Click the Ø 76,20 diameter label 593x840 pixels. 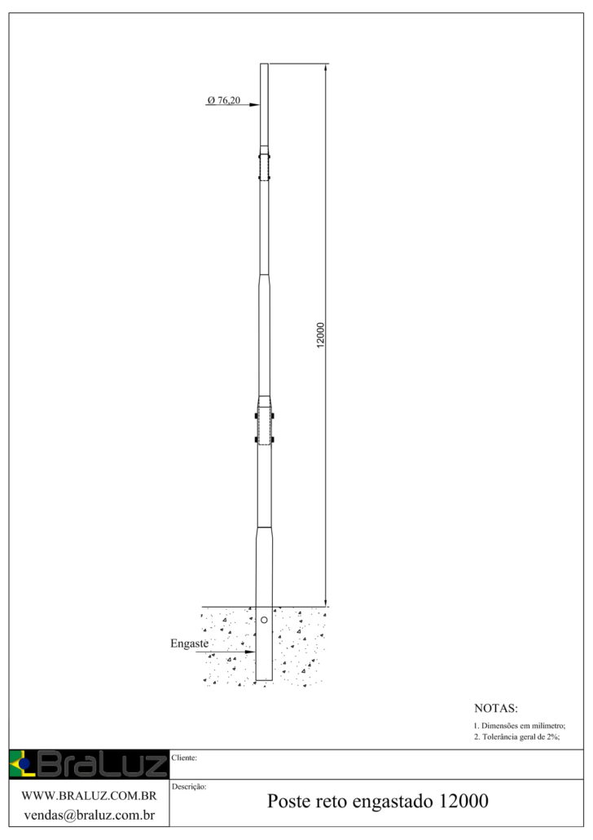[224, 100]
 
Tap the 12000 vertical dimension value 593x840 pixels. [321, 335]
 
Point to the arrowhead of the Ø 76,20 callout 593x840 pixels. [255, 105]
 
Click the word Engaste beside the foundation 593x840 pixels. [190, 643]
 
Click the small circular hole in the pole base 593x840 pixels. [264, 620]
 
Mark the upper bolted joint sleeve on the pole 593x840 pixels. [264, 166]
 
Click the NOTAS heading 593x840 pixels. [496, 708]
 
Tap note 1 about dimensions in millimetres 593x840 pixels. [519, 726]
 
